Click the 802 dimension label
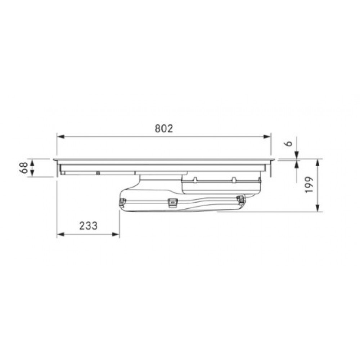(164, 129)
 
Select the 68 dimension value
(24, 168)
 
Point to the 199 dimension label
(309, 185)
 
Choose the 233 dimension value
(89, 226)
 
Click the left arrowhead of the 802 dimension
(60, 136)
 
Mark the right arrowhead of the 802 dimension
(267, 136)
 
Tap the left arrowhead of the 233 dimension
(60, 234)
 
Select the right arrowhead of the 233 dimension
(116, 234)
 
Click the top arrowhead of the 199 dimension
(318, 163)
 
